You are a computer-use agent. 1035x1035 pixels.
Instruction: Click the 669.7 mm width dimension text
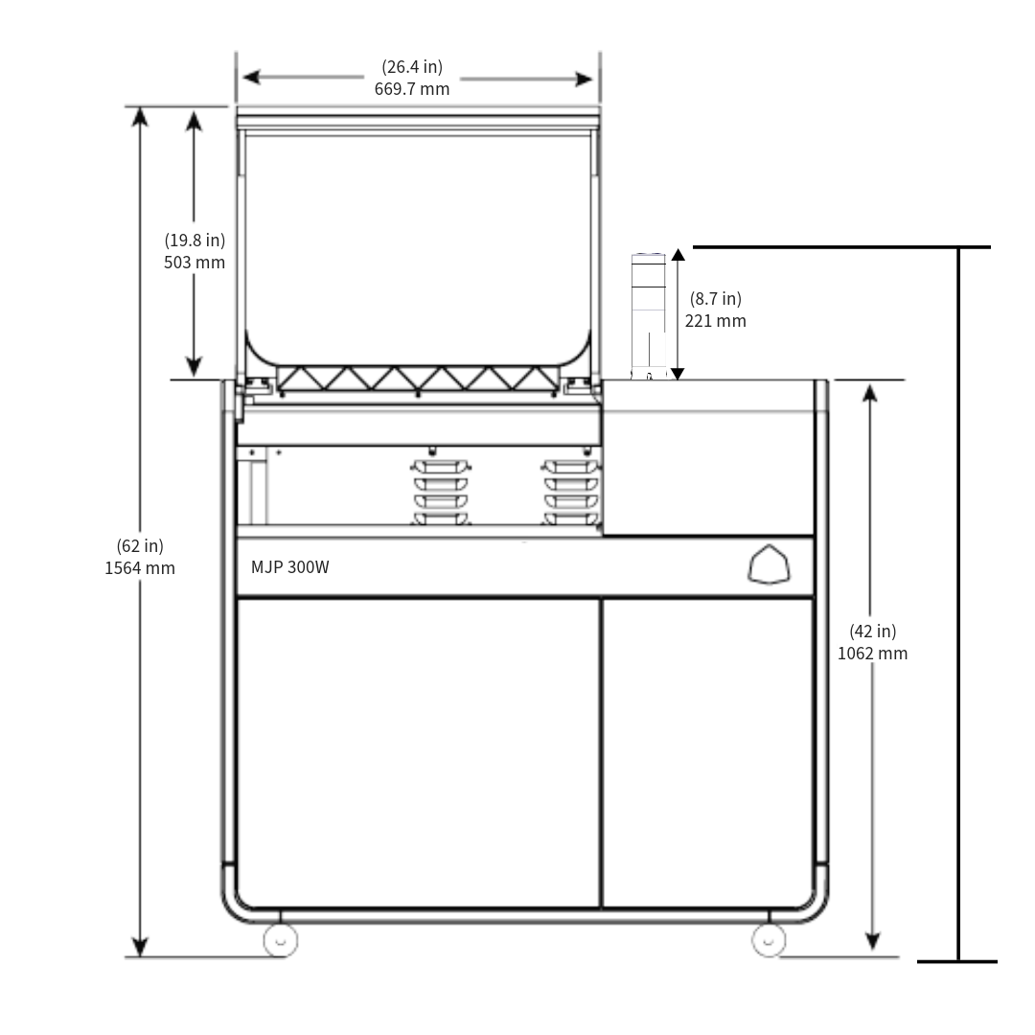[x=412, y=89]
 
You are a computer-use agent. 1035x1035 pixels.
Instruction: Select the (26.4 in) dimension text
[x=412, y=67]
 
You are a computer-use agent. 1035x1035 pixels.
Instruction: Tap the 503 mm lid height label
[x=195, y=263]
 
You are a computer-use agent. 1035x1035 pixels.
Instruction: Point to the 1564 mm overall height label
[x=140, y=567]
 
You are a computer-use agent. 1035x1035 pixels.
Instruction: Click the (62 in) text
[x=140, y=545]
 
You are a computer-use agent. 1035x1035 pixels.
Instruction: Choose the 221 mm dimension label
[x=715, y=321]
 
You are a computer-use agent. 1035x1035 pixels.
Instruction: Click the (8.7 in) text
[x=715, y=299]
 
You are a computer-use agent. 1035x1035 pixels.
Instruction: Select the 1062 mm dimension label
[x=872, y=654]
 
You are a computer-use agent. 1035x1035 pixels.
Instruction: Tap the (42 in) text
[x=872, y=631]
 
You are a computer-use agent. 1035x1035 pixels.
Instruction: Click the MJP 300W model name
[x=290, y=567]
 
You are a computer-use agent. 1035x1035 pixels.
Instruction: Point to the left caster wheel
[x=280, y=940]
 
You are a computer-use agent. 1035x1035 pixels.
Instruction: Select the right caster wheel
[x=769, y=940]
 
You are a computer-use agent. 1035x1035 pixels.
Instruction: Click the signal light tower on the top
[x=649, y=316]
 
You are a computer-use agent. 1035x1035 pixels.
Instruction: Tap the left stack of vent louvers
[x=441, y=493]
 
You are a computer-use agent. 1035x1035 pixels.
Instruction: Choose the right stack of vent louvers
[x=571, y=493]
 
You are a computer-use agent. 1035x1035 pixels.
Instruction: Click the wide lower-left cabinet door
[x=418, y=752]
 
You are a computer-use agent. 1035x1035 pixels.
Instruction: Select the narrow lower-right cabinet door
[x=707, y=752]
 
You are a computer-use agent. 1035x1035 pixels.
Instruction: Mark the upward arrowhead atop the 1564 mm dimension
[x=140, y=116]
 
